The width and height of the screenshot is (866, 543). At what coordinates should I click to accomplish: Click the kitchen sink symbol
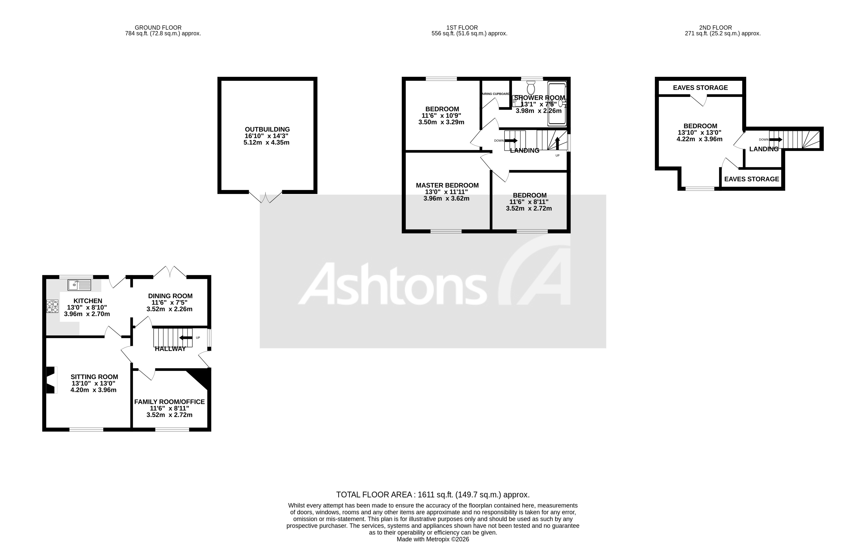pyautogui.click(x=79, y=285)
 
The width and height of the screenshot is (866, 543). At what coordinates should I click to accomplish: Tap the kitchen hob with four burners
pyautogui.click(x=52, y=306)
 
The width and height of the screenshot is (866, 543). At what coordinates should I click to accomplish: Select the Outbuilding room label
pyautogui.click(x=267, y=129)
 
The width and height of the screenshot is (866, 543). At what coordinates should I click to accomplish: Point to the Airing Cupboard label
pyautogui.click(x=496, y=94)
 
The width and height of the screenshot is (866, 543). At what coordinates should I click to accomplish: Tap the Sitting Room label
pyautogui.click(x=94, y=377)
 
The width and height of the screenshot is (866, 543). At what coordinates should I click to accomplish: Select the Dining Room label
pyautogui.click(x=170, y=296)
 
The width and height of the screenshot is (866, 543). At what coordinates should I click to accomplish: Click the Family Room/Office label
pyautogui.click(x=169, y=402)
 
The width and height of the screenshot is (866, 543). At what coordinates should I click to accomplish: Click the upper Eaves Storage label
pyautogui.click(x=700, y=88)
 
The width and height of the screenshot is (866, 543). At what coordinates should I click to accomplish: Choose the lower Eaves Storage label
pyautogui.click(x=751, y=179)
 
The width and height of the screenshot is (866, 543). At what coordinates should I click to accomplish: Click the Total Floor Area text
pyautogui.click(x=432, y=495)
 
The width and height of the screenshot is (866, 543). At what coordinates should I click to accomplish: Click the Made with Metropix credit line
pyautogui.click(x=432, y=539)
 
